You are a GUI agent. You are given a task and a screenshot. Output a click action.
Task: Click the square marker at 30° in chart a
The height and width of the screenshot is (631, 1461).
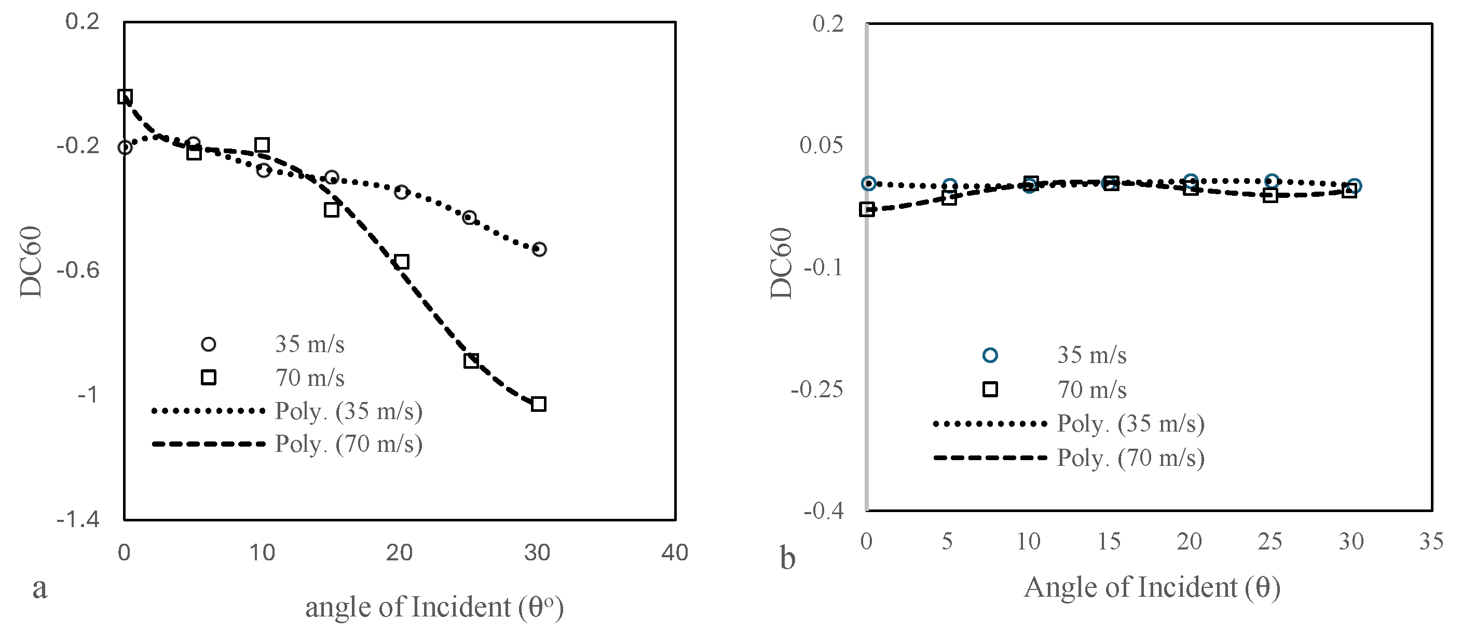click(539, 404)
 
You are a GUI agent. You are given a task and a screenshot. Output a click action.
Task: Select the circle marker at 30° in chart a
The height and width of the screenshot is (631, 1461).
click(539, 249)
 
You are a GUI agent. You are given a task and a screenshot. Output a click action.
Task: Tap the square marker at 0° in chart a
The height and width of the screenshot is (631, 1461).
click(125, 96)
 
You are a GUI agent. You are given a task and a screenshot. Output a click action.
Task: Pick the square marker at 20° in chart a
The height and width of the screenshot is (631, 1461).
click(402, 262)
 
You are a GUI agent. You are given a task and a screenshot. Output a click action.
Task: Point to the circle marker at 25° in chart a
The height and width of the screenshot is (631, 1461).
click(469, 217)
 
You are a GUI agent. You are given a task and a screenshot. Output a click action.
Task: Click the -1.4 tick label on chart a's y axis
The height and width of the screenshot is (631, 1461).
click(78, 519)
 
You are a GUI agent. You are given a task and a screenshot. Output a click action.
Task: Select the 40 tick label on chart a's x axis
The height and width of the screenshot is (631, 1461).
click(675, 552)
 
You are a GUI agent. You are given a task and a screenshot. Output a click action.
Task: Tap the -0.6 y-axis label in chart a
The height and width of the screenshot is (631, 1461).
click(78, 270)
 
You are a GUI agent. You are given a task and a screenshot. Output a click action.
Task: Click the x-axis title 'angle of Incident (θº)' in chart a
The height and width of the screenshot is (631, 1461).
click(434, 607)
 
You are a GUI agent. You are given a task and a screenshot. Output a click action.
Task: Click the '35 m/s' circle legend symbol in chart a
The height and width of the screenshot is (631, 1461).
click(208, 344)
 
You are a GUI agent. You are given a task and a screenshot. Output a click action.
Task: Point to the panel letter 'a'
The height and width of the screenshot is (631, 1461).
click(39, 587)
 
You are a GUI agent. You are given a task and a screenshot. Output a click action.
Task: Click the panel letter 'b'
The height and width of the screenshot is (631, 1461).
click(788, 558)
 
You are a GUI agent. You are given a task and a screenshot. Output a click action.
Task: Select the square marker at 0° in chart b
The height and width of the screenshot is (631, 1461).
click(866, 209)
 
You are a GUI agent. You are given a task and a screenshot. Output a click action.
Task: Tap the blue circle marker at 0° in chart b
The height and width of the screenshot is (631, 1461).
click(868, 183)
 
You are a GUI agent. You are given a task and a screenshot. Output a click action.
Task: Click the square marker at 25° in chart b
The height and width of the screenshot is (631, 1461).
click(1271, 196)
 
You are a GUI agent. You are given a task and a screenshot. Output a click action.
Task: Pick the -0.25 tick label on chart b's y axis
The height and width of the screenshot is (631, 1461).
click(817, 390)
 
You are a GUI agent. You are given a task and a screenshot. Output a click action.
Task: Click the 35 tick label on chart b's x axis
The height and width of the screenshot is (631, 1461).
click(1431, 541)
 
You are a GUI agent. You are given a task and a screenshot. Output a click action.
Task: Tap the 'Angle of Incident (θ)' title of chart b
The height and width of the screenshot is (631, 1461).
click(1152, 587)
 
